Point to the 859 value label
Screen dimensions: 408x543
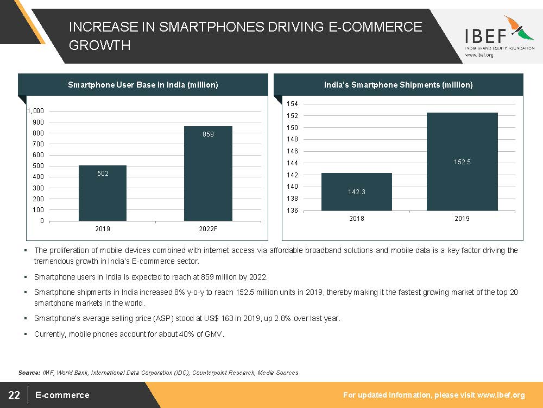pyautogui.click(x=209, y=134)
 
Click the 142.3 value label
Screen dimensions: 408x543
pyautogui.click(x=356, y=192)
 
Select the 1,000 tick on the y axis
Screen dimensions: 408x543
pyautogui.click(x=36, y=111)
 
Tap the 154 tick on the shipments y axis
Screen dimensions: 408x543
pyautogui.click(x=292, y=104)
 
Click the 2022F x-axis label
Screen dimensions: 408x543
pyautogui.click(x=208, y=229)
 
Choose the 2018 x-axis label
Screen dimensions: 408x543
pyautogui.click(x=356, y=219)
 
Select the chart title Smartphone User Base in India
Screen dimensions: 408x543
pyautogui.click(x=143, y=85)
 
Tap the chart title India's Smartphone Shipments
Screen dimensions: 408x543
pyautogui.click(x=398, y=85)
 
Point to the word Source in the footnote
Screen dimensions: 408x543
pyautogui.click(x=29, y=373)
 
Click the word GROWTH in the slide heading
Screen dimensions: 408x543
pyautogui.click(x=99, y=46)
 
